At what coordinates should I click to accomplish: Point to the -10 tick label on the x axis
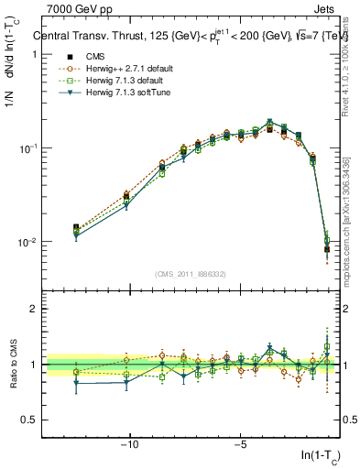coord(129,445)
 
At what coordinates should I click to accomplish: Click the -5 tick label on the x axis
coord(238,445)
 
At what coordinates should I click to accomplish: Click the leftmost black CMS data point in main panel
coord(76,227)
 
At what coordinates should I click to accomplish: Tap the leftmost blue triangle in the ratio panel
coord(76,384)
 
